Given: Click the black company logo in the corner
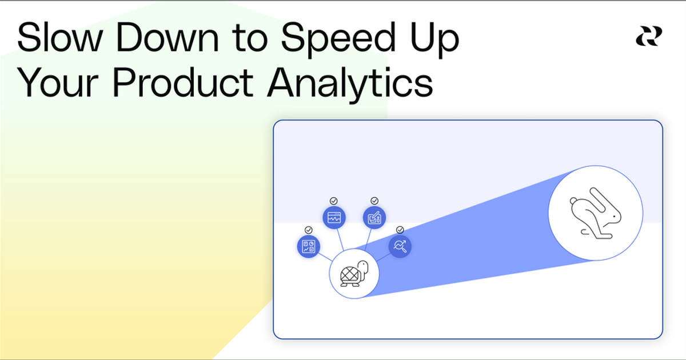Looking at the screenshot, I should pyautogui.click(x=649, y=37).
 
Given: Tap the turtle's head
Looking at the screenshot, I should pyautogui.click(x=363, y=267).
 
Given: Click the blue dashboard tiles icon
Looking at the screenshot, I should pyautogui.click(x=309, y=247).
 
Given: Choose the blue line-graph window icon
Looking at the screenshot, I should pyautogui.click(x=334, y=218).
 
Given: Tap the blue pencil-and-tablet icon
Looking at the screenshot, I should pyautogui.click(x=374, y=218).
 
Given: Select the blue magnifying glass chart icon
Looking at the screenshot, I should pyautogui.click(x=400, y=246).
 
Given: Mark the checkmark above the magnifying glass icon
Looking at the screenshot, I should pyautogui.click(x=400, y=230).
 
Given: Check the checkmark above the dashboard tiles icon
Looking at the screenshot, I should pyautogui.click(x=309, y=230).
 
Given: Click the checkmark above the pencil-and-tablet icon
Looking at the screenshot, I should pyautogui.click(x=374, y=201).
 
